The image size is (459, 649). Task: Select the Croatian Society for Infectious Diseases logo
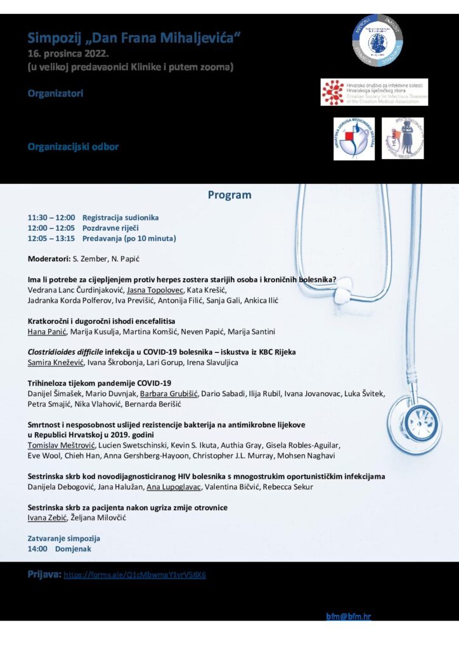pos(374,92)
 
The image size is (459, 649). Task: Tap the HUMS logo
pos(403,138)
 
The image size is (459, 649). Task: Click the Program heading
pos(229,195)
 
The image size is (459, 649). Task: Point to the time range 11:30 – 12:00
pos(51,217)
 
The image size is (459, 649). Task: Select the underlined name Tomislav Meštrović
pos(57,445)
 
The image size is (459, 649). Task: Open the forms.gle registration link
pos(135,575)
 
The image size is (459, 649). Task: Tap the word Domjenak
pos(73,549)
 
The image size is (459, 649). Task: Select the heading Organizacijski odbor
pos(73,147)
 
